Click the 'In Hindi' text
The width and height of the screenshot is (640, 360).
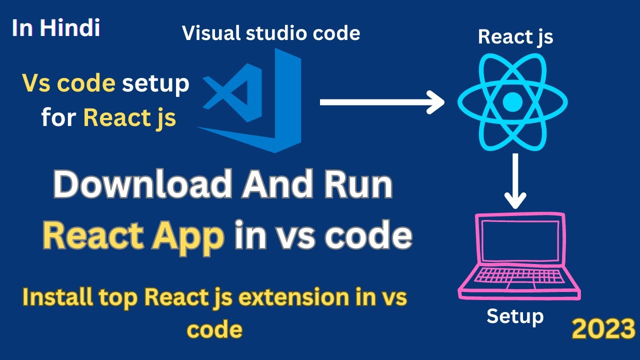56,28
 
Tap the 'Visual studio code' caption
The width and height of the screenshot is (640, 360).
271,33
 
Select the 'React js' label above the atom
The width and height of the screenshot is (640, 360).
515,37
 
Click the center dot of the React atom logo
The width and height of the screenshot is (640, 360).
512,103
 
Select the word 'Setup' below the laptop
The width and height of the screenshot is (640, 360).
515,316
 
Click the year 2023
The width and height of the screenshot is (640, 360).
603,329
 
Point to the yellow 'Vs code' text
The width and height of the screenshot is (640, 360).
68,83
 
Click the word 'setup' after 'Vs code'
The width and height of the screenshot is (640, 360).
156,84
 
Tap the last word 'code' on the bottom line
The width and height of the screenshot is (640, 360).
215,329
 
